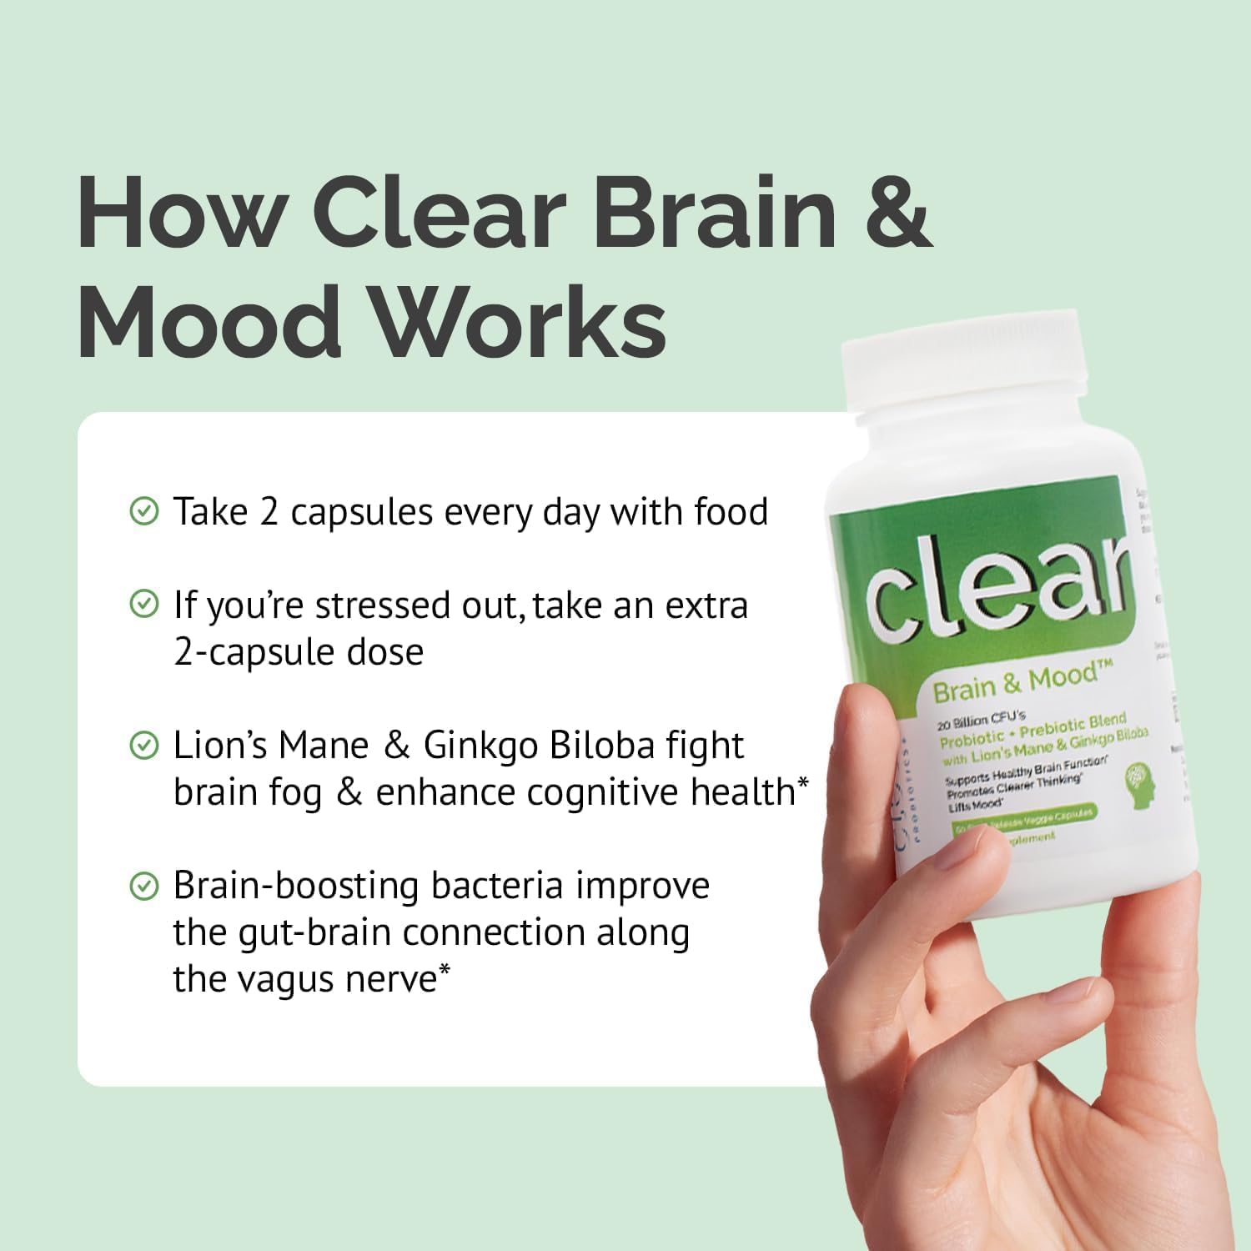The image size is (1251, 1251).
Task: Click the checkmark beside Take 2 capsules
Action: coord(145,511)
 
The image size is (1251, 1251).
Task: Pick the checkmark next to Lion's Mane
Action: coord(145,746)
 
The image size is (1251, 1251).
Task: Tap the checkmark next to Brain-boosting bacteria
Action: coord(145,886)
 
